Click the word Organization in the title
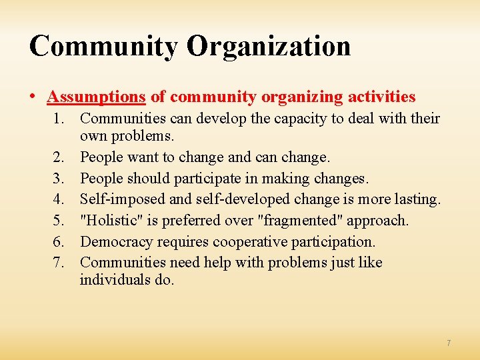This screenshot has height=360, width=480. click(x=268, y=47)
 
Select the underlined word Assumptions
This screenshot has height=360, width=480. click(x=96, y=97)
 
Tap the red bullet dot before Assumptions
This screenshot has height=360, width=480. click(x=33, y=97)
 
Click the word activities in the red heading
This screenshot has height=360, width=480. click(x=379, y=97)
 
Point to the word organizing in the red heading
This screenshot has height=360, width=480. click(x=301, y=97)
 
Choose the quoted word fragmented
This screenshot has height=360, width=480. click(x=300, y=220)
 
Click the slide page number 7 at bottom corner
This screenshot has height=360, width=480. click(x=449, y=343)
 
